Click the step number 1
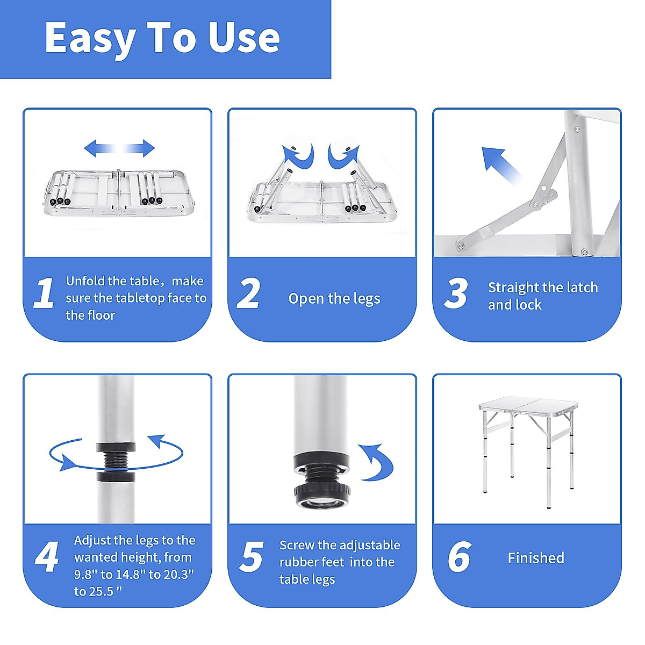(x=45, y=293)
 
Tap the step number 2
(x=248, y=293)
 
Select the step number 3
(x=456, y=293)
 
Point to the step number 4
(x=47, y=557)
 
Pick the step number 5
(x=252, y=557)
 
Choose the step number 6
(x=460, y=557)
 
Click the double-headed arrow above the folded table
(x=119, y=148)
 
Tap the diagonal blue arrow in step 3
(x=501, y=166)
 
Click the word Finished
(x=536, y=558)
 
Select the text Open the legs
(x=334, y=298)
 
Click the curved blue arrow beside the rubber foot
(x=377, y=463)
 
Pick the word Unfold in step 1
(x=85, y=281)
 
